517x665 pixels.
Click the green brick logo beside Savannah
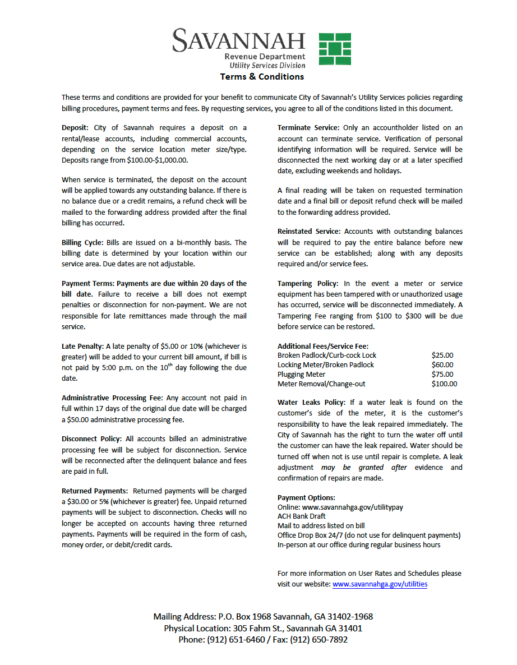tap(335, 49)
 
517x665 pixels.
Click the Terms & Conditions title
tap(262, 77)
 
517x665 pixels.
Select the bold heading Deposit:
tap(75, 128)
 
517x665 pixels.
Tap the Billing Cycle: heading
tap(82, 243)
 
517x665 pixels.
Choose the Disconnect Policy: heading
tap(91, 438)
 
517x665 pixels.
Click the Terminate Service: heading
tap(308, 128)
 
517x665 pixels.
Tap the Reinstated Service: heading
tap(309, 231)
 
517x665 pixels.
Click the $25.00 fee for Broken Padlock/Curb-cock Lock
tap(442, 355)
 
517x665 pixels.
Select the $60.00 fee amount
tap(442, 365)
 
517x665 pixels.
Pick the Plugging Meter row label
tap(301, 375)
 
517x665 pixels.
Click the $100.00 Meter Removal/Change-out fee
tap(444, 384)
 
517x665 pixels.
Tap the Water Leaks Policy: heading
tap(311, 403)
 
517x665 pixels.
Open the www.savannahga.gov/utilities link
tap(380, 584)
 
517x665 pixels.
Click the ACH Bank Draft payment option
tap(301, 516)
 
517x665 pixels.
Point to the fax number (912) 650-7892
tap(318, 640)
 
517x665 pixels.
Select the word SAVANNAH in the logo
tap(239, 40)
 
